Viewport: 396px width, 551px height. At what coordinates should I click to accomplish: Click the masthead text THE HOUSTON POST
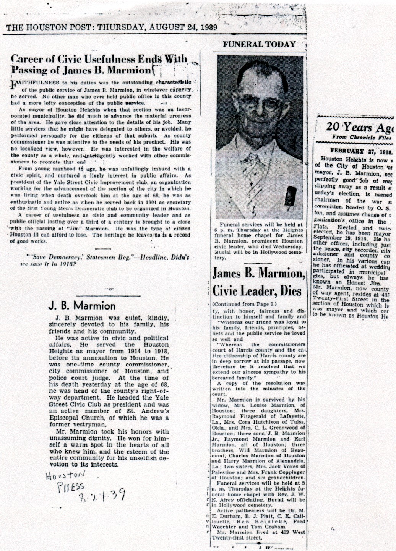48,27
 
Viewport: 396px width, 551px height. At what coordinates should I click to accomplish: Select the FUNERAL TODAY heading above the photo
259,44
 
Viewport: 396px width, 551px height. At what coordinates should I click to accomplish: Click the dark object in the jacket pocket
290,196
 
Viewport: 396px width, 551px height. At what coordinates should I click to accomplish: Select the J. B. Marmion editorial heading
82,305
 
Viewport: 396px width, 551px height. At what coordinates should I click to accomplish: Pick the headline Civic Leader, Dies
257,291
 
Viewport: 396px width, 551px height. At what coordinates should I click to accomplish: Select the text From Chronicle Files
362,137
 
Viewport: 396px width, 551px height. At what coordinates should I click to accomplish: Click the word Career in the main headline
28,59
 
